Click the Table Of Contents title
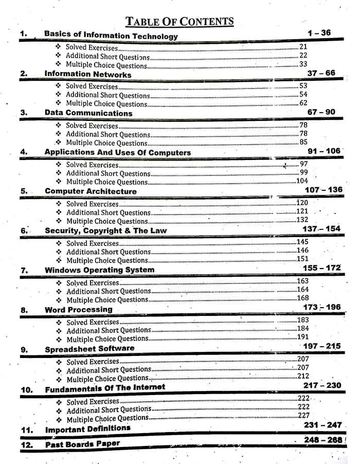click(179, 21)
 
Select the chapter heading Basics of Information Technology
click(111, 35)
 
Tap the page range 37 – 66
click(321, 73)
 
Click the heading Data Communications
click(88, 113)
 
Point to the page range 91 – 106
click(322, 151)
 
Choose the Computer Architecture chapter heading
click(91, 191)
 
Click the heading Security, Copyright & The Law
click(105, 230)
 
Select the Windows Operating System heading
click(99, 270)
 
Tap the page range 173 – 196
click(322, 307)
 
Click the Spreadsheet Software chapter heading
click(89, 349)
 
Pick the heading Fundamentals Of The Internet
click(105, 387)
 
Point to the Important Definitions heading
click(88, 429)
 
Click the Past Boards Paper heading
click(82, 443)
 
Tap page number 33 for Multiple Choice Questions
click(303, 64)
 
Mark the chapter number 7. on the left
click(24, 270)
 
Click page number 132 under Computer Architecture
click(302, 220)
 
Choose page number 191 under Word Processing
click(303, 337)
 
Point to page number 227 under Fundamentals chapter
click(304, 416)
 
